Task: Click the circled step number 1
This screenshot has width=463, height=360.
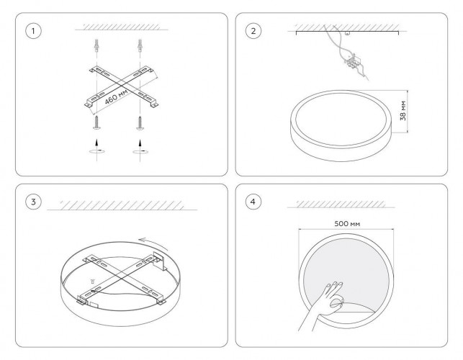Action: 33,31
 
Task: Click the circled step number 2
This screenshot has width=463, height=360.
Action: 253,31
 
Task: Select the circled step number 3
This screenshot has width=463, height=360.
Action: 33,202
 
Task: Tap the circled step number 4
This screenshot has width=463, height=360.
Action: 253,202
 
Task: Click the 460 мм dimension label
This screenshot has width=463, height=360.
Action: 117,96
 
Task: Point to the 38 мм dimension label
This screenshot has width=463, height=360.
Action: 403,111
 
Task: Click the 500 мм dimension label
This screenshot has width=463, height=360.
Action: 347,224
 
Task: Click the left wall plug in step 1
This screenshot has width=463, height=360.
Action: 96,45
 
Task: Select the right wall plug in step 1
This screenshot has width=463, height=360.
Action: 140,45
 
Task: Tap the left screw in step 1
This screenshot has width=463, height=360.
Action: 96,122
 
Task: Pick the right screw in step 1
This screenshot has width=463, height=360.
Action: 140,122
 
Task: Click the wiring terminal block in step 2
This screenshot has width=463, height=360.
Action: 351,62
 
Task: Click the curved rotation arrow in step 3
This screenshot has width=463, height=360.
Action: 153,243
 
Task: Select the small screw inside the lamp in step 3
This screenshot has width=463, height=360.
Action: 93,281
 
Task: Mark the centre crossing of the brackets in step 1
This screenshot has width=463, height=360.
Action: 122,86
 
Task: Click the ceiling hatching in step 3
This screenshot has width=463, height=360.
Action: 122,205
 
